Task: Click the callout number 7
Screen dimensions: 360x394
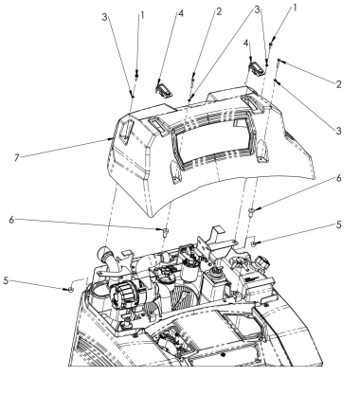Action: [17, 157]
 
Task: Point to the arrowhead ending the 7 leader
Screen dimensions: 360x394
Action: [111, 138]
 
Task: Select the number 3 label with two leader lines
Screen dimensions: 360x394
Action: [258, 9]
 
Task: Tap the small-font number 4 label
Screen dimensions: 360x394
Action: [246, 44]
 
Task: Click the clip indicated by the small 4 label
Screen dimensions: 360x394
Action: [257, 67]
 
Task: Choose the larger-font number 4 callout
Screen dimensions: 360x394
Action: [181, 13]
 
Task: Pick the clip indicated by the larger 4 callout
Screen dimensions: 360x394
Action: [164, 89]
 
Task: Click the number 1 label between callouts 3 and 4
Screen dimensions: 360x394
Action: [142, 14]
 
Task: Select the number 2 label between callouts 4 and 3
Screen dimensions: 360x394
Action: [219, 11]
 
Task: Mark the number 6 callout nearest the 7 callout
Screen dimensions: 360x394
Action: [11, 220]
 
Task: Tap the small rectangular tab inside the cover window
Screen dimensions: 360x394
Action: [238, 123]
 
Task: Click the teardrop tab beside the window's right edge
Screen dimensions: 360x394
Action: [261, 152]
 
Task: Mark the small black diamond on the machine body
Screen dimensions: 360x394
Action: [224, 355]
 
